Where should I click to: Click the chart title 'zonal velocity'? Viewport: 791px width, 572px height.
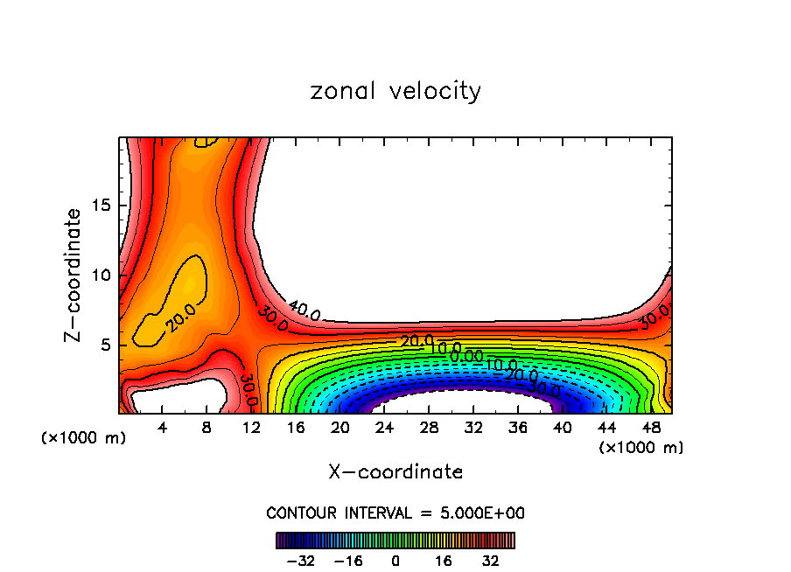(395, 91)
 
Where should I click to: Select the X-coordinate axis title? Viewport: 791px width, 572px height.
(395, 472)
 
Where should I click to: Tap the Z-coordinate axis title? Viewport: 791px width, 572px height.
(73, 275)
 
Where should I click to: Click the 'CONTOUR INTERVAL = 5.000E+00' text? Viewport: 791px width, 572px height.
(395, 513)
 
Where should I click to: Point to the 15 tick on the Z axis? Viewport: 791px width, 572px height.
(103, 206)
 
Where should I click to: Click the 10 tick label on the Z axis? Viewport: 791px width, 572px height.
(103, 275)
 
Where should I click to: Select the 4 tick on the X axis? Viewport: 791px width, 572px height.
(163, 428)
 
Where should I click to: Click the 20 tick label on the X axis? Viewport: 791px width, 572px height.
(339, 428)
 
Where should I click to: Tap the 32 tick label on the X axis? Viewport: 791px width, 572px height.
(473, 428)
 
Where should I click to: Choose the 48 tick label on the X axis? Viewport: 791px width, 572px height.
(651, 428)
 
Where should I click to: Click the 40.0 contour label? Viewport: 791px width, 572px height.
(304, 310)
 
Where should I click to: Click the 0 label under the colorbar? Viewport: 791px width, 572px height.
(395, 561)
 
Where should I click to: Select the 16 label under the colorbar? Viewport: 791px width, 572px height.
(444, 561)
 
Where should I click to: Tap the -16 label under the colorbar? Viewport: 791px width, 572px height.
(348, 561)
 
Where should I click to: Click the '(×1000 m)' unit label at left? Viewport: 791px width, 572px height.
(84, 438)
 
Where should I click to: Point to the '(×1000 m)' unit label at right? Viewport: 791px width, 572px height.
(641, 448)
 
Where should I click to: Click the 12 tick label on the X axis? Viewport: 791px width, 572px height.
(251, 428)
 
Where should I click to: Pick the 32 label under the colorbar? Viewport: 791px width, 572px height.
(491, 561)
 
